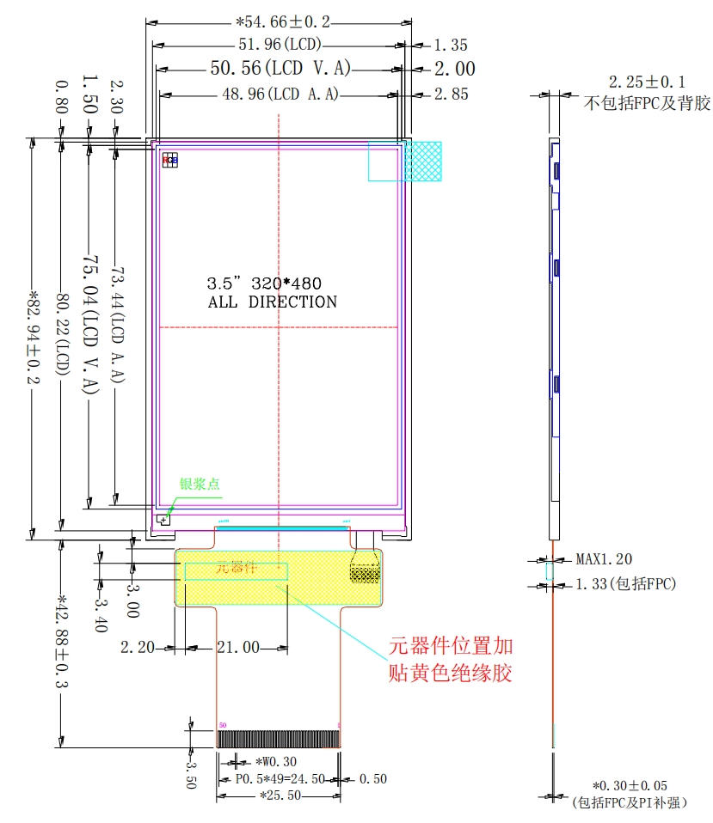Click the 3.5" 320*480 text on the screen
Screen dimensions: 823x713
pyautogui.click(x=264, y=283)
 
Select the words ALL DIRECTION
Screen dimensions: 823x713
pyautogui.click(x=273, y=302)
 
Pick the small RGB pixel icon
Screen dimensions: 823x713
pyautogui.click(x=170, y=160)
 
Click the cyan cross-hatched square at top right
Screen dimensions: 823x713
pyautogui.click(x=424, y=161)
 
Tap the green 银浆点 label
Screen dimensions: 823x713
pyautogui.click(x=200, y=484)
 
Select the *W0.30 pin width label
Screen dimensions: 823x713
pyautogui.click(x=276, y=761)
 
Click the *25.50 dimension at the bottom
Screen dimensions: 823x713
pyautogui.click(x=280, y=796)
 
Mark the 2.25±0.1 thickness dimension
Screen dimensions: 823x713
pyautogui.click(x=647, y=82)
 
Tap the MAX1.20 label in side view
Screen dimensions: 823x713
pyautogui.click(x=604, y=559)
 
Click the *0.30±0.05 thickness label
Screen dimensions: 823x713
pyautogui.click(x=629, y=786)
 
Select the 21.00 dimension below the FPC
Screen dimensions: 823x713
pyautogui.click(x=237, y=647)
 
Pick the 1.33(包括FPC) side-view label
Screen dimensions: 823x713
pyautogui.click(x=625, y=584)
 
